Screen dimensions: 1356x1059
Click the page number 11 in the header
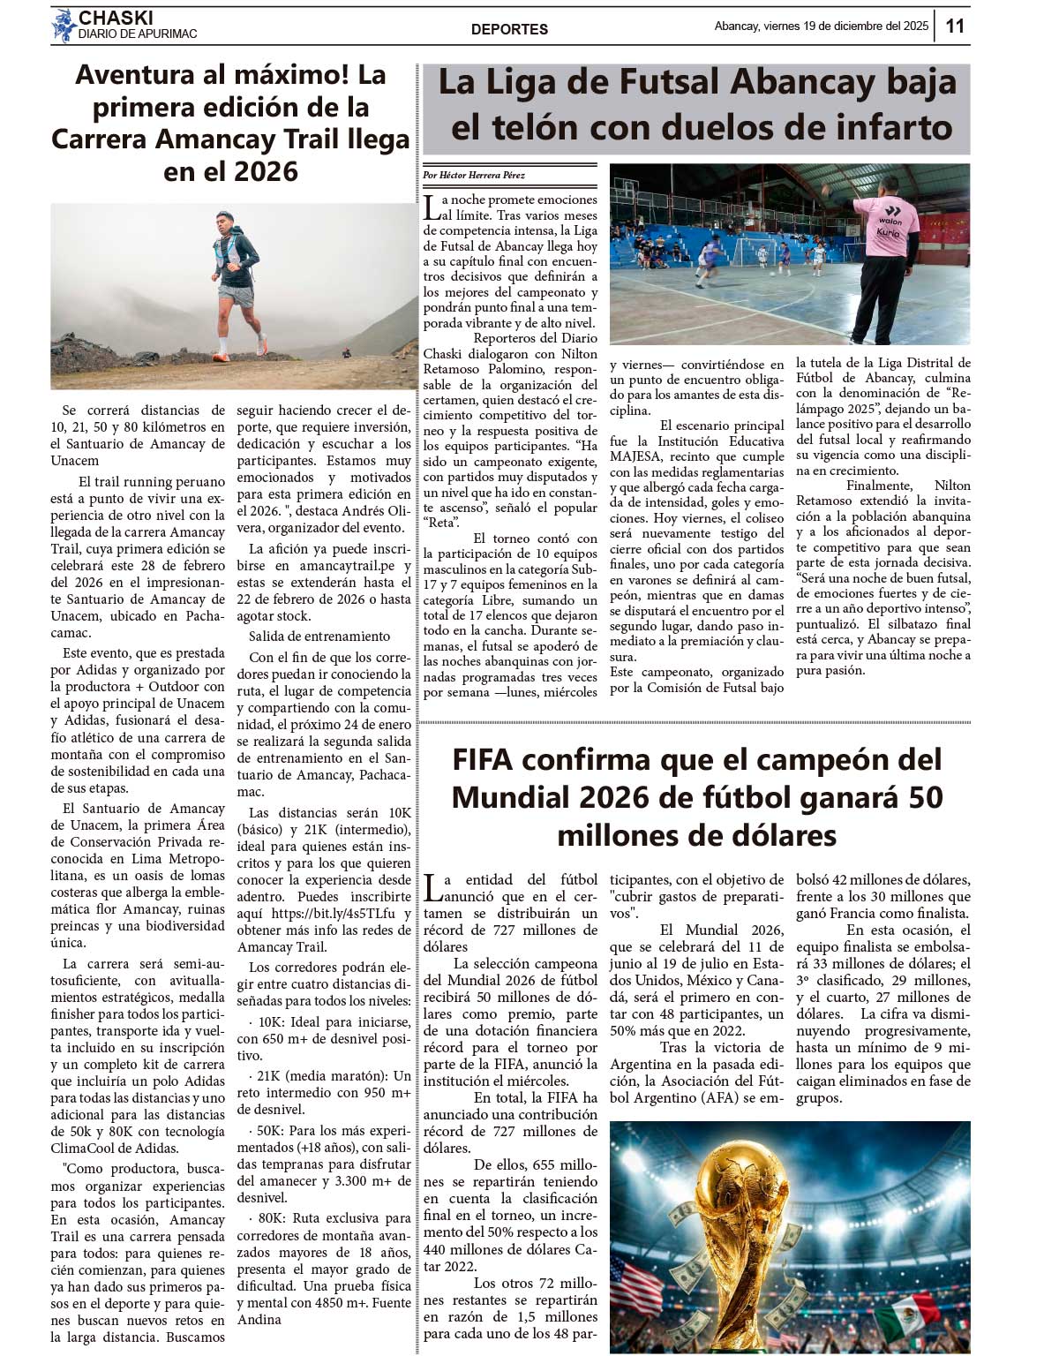(x=955, y=26)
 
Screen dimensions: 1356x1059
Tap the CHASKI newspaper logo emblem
(x=64, y=26)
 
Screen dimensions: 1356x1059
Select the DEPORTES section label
(x=509, y=29)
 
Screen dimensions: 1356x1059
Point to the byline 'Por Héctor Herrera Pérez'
(x=473, y=176)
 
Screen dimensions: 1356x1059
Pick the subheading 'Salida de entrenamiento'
(x=319, y=637)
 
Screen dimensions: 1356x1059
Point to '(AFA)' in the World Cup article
(x=731, y=1098)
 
